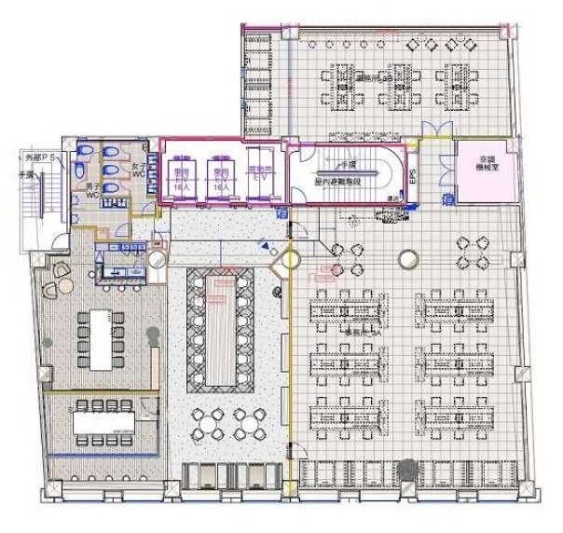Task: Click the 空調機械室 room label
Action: pyautogui.click(x=483, y=168)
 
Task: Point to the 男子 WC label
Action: pyautogui.click(x=92, y=190)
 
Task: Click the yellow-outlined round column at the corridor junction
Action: pyautogui.click(x=289, y=262)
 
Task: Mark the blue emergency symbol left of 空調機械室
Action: pyautogui.click(x=445, y=198)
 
